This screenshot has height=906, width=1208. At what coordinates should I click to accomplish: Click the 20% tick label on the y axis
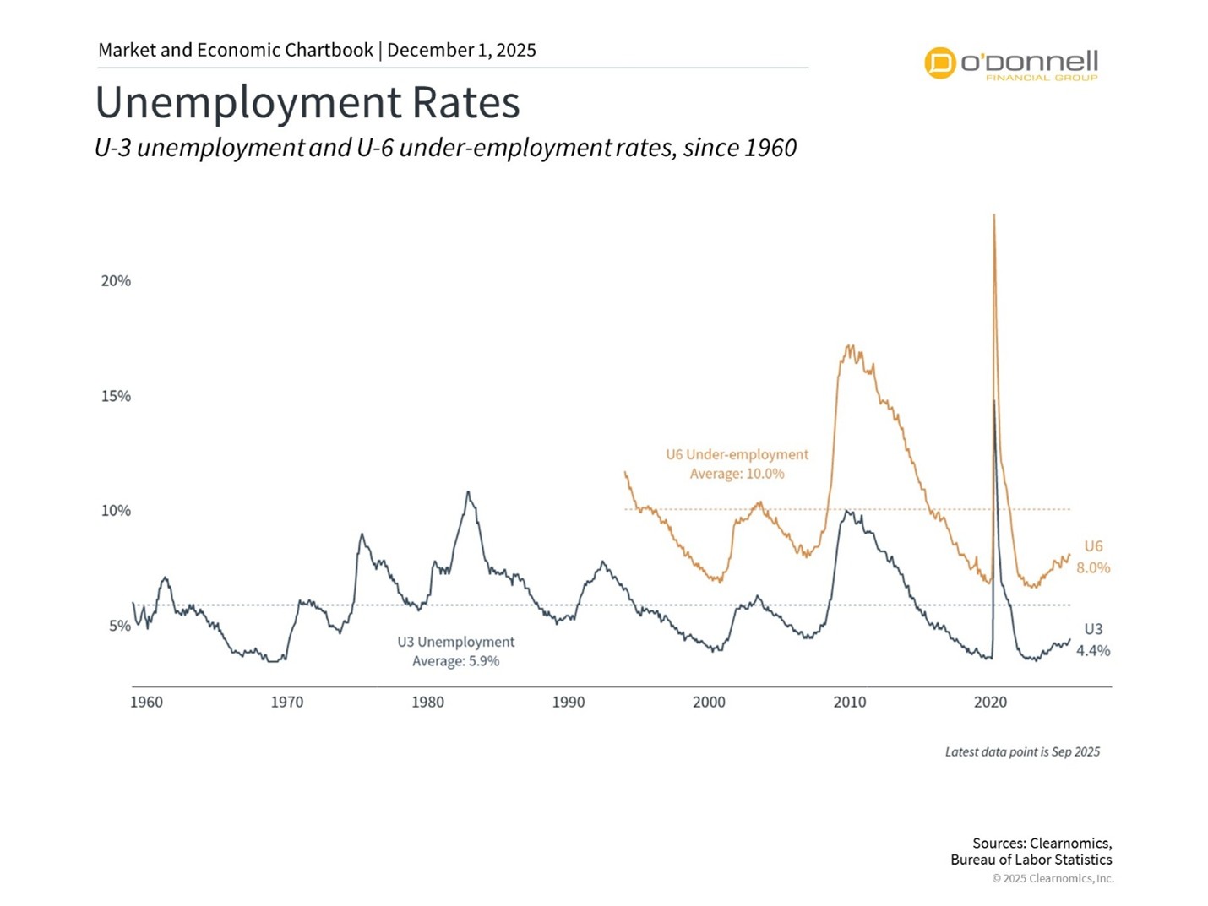click(x=116, y=281)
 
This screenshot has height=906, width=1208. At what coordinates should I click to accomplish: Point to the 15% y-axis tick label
click(x=116, y=396)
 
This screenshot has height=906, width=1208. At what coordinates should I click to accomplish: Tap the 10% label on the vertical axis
click(x=116, y=511)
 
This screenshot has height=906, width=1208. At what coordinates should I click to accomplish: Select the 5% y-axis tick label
click(x=119, y=626)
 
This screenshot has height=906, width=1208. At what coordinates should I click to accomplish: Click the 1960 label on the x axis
click(x=146, y=703)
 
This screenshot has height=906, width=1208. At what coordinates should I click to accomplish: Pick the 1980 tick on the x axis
click(x=427, y=703)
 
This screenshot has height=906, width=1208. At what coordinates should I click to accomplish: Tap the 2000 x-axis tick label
click(x=709, y=703)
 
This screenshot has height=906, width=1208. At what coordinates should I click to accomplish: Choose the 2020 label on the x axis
click(x=990, y=703)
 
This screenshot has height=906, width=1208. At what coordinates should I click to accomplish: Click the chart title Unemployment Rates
click(x=307, y=102)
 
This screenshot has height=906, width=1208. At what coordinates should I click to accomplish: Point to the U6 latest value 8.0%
click(x=1093, y=568)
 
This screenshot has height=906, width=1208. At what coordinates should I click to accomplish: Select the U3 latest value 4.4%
click(x=1093, y=651)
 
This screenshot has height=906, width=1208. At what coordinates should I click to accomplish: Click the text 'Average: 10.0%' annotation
click(x=737, y=474)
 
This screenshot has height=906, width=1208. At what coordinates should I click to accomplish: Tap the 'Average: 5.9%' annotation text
click(x=455, y=661)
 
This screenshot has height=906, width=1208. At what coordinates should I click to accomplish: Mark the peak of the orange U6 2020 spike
click(x=993, y=215)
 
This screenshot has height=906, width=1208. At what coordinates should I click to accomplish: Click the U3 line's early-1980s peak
click(x=468, y=492)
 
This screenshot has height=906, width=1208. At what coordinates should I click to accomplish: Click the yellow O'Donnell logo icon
click(x=939, y=63)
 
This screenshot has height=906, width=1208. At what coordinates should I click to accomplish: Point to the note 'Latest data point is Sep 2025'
click(x=1022, y=751)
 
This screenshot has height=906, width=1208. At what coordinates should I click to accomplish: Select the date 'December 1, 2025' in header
click(x=461, y=50)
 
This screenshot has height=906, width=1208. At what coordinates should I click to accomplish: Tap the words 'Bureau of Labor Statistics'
click(x=1031, y=860)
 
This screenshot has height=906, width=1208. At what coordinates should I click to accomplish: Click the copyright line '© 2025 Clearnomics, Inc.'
click(x=1053, y=878)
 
